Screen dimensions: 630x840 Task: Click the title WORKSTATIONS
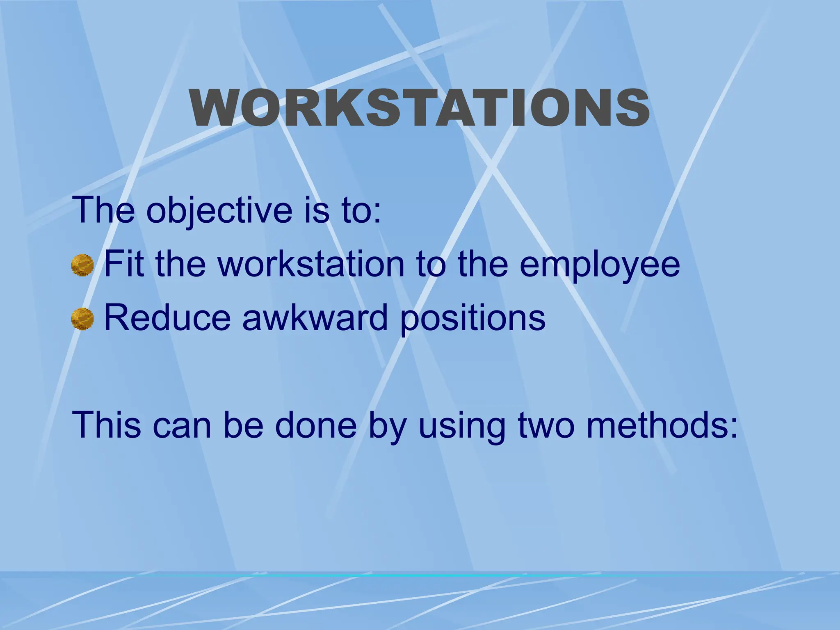point(419,108)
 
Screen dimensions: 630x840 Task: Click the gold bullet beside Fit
point(82,265)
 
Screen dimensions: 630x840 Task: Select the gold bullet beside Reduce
point(82,319)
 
